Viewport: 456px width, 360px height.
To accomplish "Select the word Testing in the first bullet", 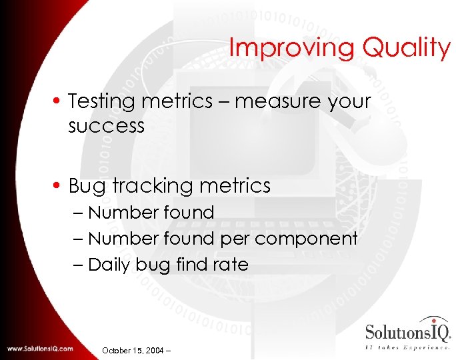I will pyautogui.click(x=102, y=102).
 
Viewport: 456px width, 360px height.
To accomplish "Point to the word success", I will pyautogui.click(x=106, y=125).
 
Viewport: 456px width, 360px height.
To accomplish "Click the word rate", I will pyautogui.click(x=231, y=265).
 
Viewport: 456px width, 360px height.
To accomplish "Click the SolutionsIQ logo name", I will pyautogui.click(x=407, y=331).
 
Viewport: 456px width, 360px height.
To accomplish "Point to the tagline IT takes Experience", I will pyautogui.click(x=408, y=347).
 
